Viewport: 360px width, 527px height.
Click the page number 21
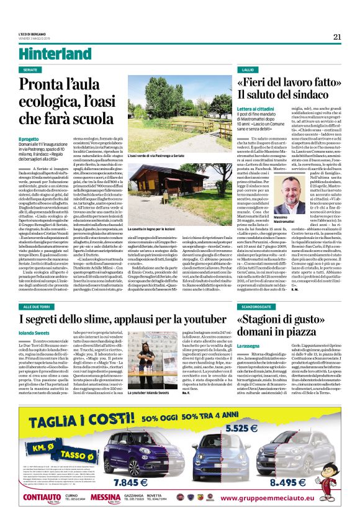(337, 37)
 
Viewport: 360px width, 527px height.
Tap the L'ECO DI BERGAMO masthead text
(38, 35)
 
